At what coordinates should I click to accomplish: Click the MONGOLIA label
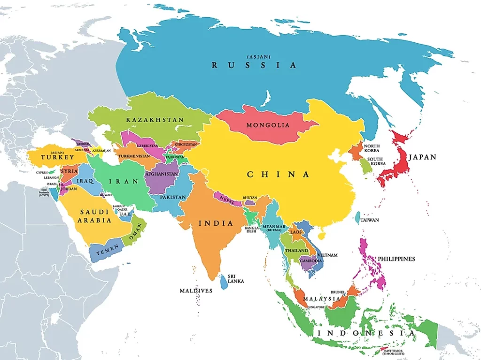tap(268, 125)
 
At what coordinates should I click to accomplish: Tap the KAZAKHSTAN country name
tap(155, 120)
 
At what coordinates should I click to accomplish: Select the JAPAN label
tap(422, 157)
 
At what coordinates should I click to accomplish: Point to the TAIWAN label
tap(370, 220)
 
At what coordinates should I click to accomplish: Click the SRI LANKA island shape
tap(224, 281)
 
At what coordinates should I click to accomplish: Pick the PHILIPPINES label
tap(396, 259)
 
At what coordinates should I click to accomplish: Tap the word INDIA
tap(216, 223)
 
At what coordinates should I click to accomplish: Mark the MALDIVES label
tap(196, 291)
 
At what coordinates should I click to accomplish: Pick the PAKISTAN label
tap(172, 197)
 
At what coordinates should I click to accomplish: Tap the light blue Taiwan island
tap(357, 217)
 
